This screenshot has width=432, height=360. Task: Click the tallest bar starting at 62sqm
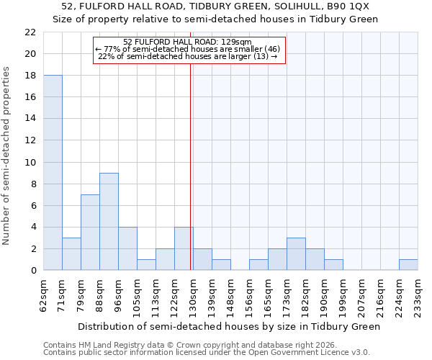(53, 173)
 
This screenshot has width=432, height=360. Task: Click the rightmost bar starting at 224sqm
(408, 265)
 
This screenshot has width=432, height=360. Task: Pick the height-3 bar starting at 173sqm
(296, 254)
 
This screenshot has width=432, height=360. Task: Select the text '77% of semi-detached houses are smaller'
(187, 49)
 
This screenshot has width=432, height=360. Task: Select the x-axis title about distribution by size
(228, 326)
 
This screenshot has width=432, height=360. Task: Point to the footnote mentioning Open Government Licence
(207, 353)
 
